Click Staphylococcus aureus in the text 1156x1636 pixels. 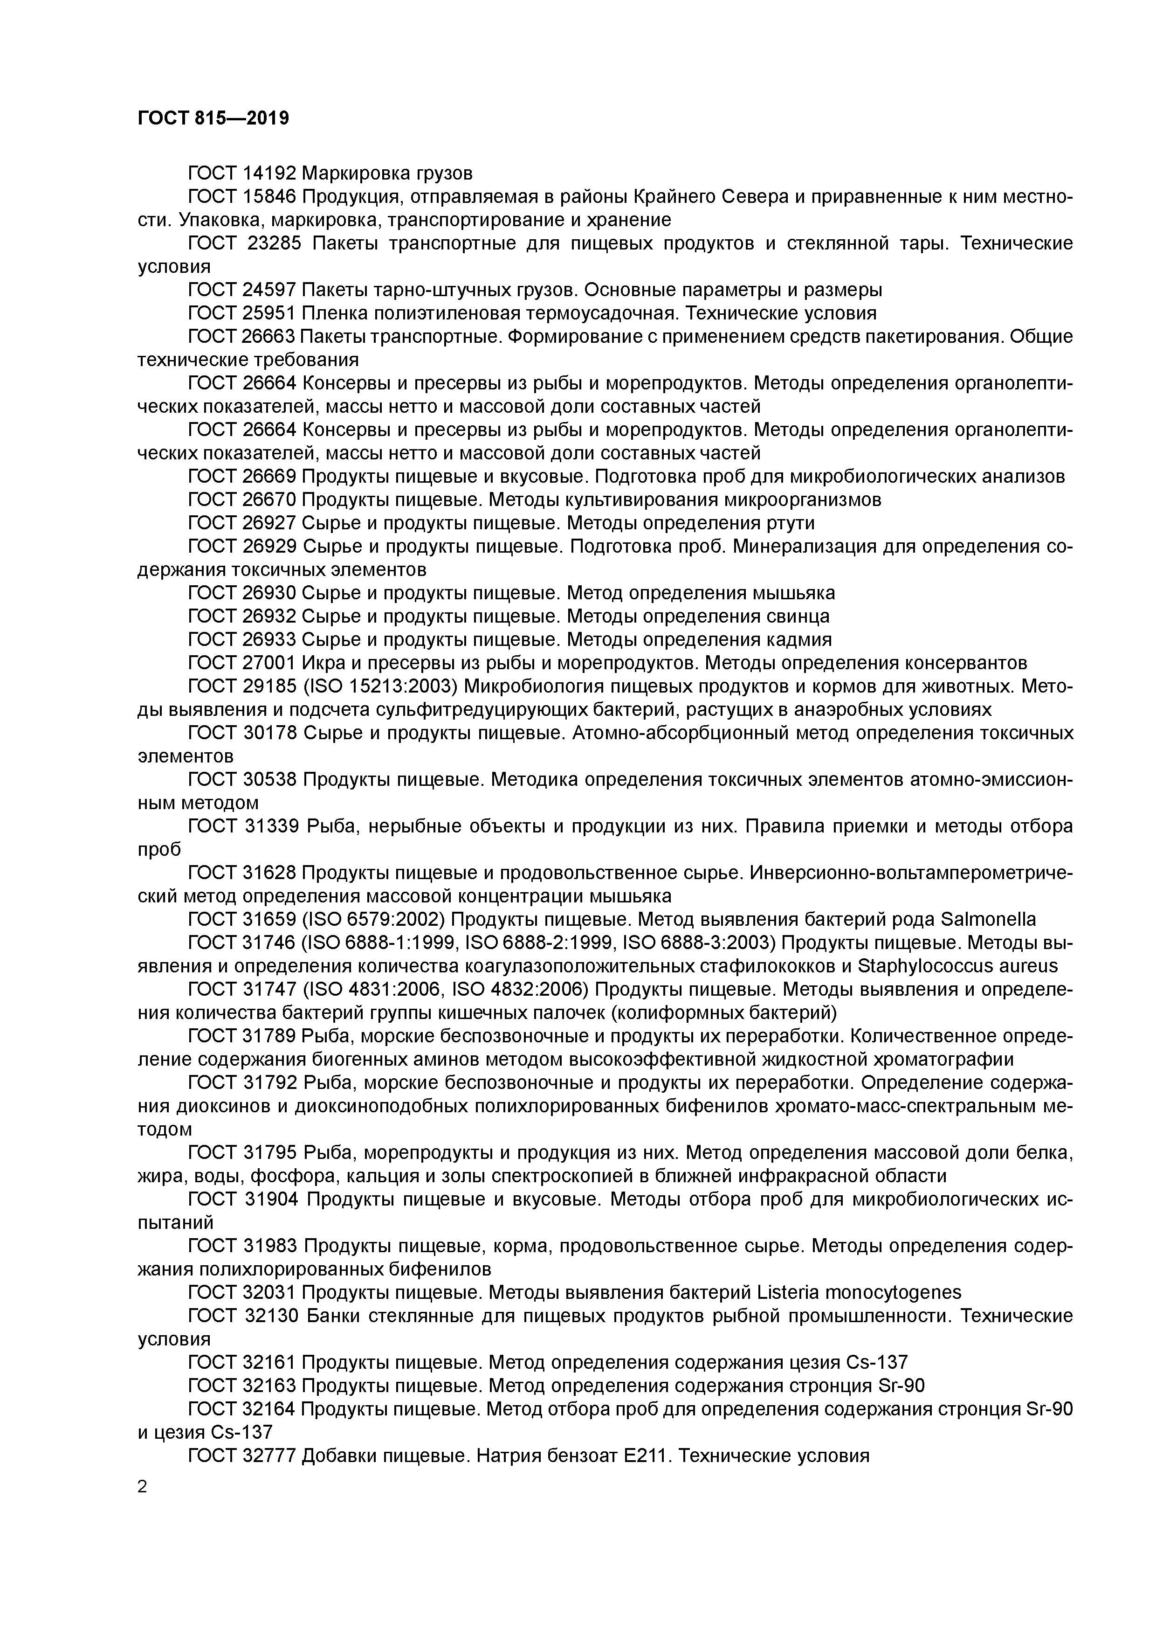pyautogui.click(x=957, y=966)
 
